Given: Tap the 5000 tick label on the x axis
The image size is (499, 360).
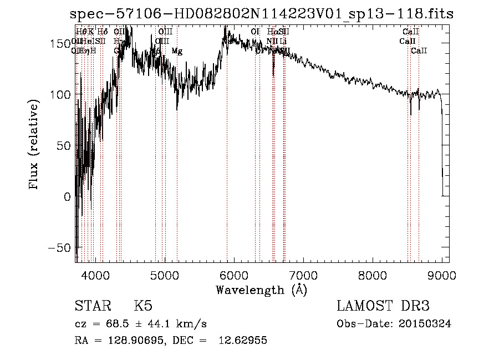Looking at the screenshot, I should click(165, 275).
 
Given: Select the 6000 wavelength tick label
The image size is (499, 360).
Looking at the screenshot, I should click(234, 275).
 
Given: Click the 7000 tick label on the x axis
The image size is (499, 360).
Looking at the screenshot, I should click(303, 275).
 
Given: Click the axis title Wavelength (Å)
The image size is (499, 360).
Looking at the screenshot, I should click(261, 290).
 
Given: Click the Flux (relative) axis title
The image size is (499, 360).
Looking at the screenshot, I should click(34, 145).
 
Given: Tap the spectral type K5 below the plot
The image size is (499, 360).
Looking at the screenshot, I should click(143, 306).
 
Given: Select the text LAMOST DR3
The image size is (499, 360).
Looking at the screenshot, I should click(383, 306).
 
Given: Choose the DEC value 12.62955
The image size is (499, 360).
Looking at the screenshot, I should click(244, 341).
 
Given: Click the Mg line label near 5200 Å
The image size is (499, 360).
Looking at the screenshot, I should click(177, 52).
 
